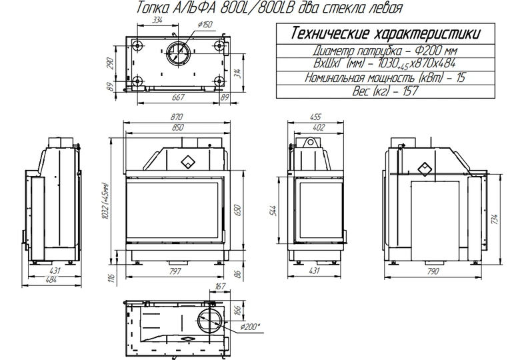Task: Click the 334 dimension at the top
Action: coord(157,20)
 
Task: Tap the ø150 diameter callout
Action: coord(205,25)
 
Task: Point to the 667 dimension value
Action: coord(178,97)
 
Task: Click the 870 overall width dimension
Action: coord(177,117)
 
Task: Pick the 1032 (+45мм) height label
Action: coord(105,201)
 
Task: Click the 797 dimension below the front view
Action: coord(175,271)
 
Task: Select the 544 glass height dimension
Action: coord(273,211)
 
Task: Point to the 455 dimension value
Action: coord(315,117)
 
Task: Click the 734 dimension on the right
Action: coord(495,220)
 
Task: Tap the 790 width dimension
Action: coord(433,271)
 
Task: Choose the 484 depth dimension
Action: coord(51,279)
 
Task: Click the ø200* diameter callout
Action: coord(250,327)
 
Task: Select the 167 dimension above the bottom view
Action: coord(220,286)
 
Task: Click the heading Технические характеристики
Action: coord(385,33)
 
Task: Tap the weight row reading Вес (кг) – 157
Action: coord(385,91)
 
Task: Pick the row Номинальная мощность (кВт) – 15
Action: coord(385,77)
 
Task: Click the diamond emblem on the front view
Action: coord(188,161)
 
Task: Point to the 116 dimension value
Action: coord(112,277)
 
